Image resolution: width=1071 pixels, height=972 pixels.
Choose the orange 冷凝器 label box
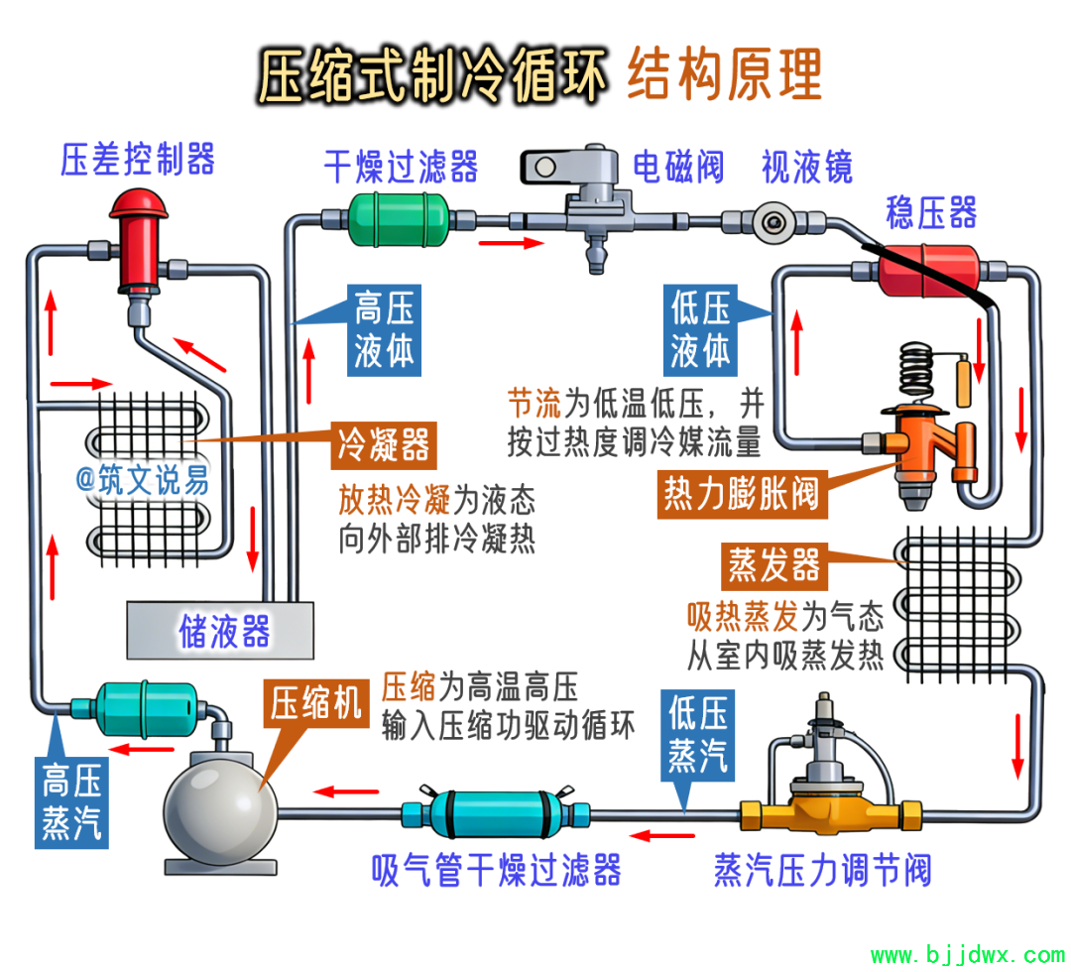coord(384,445)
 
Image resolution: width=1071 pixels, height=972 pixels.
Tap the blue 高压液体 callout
coord(383,329)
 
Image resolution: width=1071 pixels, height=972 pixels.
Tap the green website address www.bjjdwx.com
coord(967,956)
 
